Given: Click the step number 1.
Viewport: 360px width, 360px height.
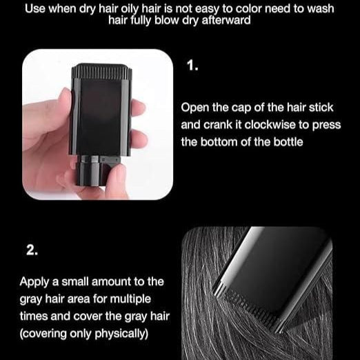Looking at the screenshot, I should coord(192,66).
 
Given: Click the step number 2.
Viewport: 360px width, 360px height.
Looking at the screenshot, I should coord(32,250).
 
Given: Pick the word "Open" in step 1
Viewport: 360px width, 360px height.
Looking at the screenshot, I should coord(195,108).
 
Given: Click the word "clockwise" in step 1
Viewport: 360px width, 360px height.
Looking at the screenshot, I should coord(262,126).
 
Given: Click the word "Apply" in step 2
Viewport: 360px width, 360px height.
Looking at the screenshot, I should coord(34,281).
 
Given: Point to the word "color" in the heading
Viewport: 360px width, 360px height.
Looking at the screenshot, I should coord(250,9).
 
